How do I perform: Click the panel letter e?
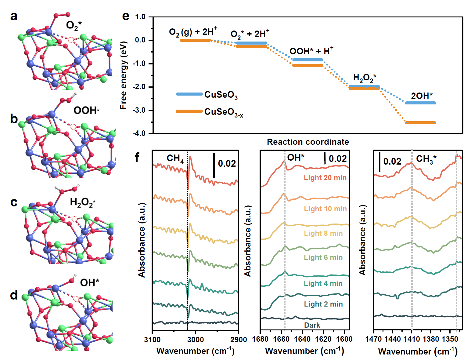(126, 16)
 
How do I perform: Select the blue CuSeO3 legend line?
(189, 94)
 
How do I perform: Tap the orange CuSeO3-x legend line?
(189, 111)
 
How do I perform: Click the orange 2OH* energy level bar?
(420, 123)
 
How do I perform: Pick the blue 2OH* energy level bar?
(420, 103)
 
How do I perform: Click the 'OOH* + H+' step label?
(311, 51)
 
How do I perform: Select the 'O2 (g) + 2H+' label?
(193, 32)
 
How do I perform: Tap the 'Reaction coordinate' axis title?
(308, 142)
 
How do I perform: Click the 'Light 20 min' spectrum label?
(325, 178)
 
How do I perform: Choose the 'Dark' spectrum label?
(312, 325)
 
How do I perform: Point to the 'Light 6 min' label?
(323, 257)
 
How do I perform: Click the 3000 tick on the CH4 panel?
(196, 340)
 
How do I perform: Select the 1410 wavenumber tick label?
(412, 339)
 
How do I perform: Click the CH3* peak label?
(426, 159)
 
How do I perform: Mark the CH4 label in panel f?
(175, 158)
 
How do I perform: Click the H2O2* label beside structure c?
(82, 202)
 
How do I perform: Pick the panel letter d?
(14, 295)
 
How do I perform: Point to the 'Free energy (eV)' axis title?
(123, 75)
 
